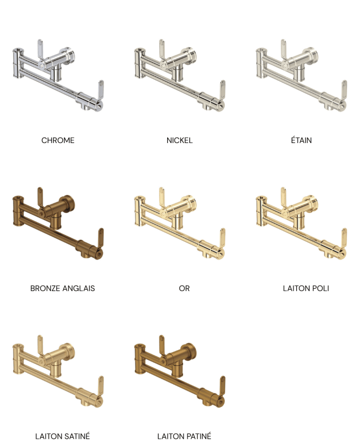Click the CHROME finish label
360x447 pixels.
pos(58,140)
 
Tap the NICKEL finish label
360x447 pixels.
pos(179,140)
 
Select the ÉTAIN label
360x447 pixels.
pos(301,140)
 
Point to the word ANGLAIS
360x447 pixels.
pos(79,288)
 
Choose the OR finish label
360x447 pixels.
pos(184,288)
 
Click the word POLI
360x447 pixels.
pos(321,288)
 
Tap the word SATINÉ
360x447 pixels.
pos(77,436)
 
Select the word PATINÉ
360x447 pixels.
pos(198,436)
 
